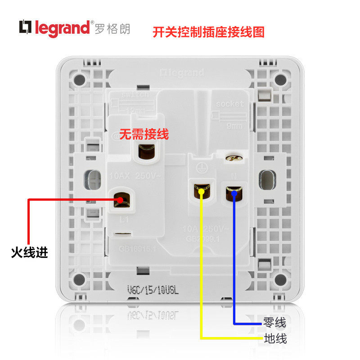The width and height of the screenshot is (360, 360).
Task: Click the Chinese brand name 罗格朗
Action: (112, 28)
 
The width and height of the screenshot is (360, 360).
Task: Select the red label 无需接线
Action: (144, 134)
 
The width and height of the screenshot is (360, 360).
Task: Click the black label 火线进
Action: (29, 252)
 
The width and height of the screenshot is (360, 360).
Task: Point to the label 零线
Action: (275, 323)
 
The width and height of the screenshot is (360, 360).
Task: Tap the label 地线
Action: (275, 338)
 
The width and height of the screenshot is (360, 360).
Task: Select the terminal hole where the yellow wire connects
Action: (201, 192)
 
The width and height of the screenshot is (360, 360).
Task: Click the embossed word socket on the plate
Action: (229, 103)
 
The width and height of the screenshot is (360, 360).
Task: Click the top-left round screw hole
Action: (79, 80)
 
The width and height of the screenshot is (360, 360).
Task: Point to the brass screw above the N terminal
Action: (233, 157)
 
